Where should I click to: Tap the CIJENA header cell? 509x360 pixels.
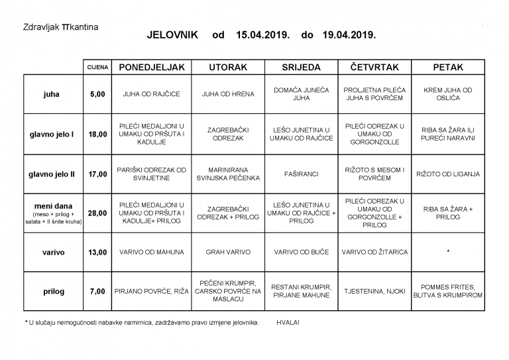click(x=97, y=68)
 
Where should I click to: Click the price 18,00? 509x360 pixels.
click(x=97, y=134)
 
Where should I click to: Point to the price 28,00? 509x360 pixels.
click(x=97, y=213)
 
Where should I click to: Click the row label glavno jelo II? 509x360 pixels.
click(x=52, y=174)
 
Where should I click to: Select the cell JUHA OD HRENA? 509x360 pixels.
click(x=228, y=94)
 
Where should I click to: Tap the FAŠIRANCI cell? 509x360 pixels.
click(x=301, y=174)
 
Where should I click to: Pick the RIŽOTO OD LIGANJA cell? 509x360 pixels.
click(x=447, y=174)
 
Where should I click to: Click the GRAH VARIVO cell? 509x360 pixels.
click(x=228, y=252)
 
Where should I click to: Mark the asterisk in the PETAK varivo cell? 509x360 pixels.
click(x=447, y=252)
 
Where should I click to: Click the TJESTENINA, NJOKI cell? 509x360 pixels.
click(x=374, y=290)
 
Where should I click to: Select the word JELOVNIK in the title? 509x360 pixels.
click(x=172, y=34)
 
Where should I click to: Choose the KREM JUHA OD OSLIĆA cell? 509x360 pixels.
click(x=447, y=94)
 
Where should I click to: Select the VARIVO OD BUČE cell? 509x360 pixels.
click(x=301, y=252)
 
